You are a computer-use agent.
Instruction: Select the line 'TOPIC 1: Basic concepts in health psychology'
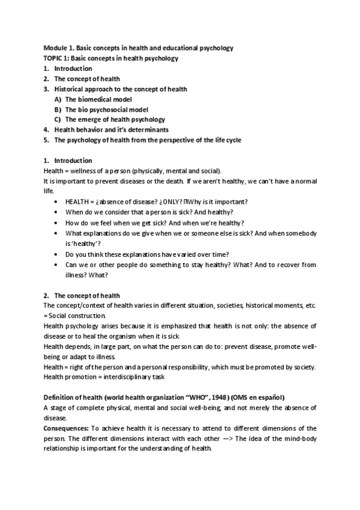[111, 58]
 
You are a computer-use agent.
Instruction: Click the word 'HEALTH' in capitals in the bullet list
[78, 201]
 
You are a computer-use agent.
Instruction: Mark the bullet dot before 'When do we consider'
[56, 212]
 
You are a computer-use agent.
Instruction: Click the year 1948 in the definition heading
[221, 398]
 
